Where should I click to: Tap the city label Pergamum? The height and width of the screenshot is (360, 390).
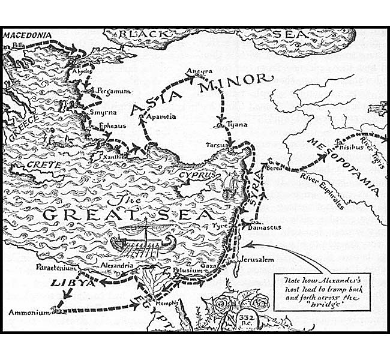(109, 90)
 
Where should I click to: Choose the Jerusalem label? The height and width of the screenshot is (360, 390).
(257, 259)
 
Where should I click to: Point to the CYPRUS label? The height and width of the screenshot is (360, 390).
(196, 175)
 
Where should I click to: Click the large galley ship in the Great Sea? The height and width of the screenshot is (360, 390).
(143, 240)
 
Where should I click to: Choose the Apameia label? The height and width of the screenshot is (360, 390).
(162, 117)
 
